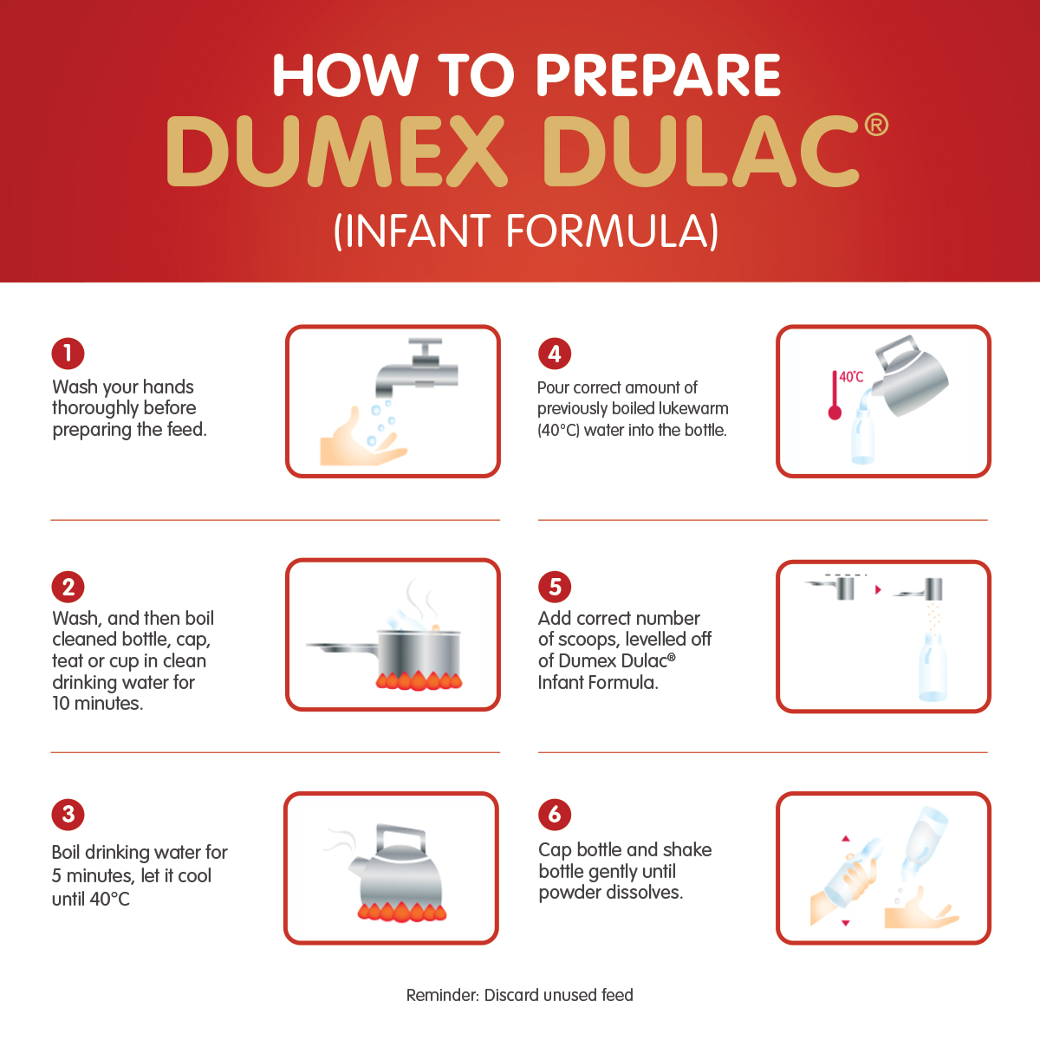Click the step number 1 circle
[68, 354]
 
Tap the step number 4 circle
[555, 354]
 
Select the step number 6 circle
[555, 815]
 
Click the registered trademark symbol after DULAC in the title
[875, 125]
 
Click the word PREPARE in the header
[658, 75]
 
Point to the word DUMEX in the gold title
[336, 152]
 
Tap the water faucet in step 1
[417, 367]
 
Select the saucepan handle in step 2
[342, 647]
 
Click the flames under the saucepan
[419, 680]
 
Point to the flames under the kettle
[401, 911]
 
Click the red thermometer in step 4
[835, 395]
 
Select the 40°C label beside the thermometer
[851, 377]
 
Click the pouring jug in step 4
[909, 376]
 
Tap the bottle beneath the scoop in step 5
[932, 668]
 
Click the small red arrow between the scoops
[878, 590]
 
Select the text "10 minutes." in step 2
[98, 703]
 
